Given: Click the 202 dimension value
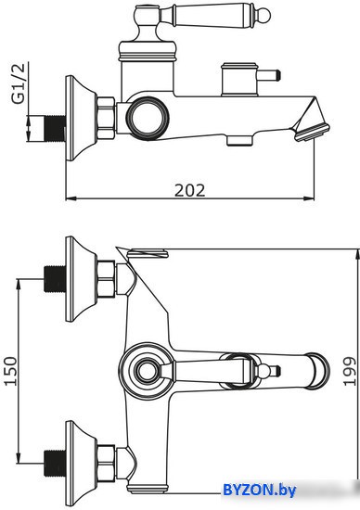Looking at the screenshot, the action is point(190,190).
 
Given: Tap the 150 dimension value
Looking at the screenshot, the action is point(10,371).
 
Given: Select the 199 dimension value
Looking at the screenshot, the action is point(350,371).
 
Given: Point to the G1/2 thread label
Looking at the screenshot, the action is point(19,83).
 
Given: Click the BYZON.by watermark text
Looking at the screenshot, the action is point(260,490).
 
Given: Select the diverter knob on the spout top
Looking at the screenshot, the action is point(240,80).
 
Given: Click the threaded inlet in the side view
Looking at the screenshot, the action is point(54,129).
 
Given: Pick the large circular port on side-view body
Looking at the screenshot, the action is point(148,117).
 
